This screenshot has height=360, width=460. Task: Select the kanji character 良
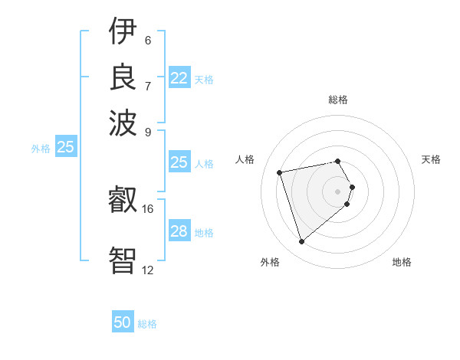[123, 77]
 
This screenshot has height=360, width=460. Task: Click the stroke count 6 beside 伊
[147, 41]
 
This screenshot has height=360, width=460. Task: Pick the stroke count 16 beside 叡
[148, 208]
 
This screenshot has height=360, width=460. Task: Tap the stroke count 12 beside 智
[148, 270]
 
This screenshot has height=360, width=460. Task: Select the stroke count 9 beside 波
[147, 131]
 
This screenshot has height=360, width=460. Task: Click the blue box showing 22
[179, 78]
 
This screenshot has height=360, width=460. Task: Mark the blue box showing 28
[179, 231]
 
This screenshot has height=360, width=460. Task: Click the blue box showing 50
[123, 322]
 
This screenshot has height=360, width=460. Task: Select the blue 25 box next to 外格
[65, 147]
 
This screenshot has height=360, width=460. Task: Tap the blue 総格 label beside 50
[147, 324]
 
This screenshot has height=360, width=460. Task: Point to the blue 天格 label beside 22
[204, 79]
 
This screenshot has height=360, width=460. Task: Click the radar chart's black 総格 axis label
[338, 100]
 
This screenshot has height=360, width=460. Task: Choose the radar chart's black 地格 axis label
[402, 262]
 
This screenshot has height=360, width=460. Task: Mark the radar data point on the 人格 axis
[280, 172]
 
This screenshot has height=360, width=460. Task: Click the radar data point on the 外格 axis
[302, 242]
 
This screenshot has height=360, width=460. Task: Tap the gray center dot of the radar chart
[338, 191]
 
